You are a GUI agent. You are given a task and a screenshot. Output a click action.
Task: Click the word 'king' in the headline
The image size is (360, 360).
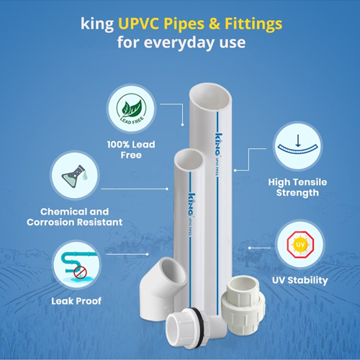click(97, 24)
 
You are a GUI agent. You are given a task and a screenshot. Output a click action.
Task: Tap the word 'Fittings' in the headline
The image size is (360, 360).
click(253, 24)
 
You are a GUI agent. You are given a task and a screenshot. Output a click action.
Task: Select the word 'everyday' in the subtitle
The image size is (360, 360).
click(179, 43)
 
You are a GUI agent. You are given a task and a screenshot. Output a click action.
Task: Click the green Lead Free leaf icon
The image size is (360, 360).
click(131, 109)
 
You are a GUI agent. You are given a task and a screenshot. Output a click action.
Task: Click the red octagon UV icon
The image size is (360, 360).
click(300, 244)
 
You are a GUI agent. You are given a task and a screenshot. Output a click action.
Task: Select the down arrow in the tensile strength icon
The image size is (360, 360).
click(298, 140)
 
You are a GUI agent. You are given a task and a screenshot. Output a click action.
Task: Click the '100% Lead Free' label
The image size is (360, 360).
click(131, 150)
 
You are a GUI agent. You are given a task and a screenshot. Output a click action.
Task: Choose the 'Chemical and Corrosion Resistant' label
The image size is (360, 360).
click(75, 217)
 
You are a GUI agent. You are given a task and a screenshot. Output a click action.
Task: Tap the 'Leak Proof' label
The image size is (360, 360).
click(76, 301)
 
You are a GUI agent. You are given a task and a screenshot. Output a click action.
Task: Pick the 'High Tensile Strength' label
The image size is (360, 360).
click(297, 187)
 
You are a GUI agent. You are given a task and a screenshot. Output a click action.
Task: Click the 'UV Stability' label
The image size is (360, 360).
click(300, 280)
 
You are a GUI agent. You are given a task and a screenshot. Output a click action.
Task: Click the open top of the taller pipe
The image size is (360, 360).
click(210, 97)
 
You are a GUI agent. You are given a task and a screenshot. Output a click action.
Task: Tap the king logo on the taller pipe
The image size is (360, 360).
click(218, 145)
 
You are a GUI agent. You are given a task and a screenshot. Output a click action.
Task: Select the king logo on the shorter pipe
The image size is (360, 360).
click(191, 204)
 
